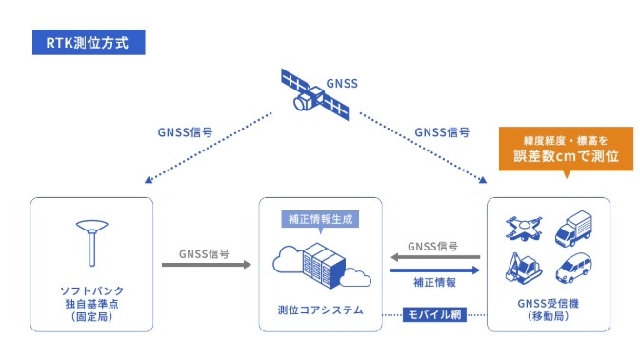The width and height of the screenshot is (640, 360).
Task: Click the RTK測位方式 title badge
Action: [88, 43]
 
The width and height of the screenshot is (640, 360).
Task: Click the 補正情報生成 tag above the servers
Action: [321, 218]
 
